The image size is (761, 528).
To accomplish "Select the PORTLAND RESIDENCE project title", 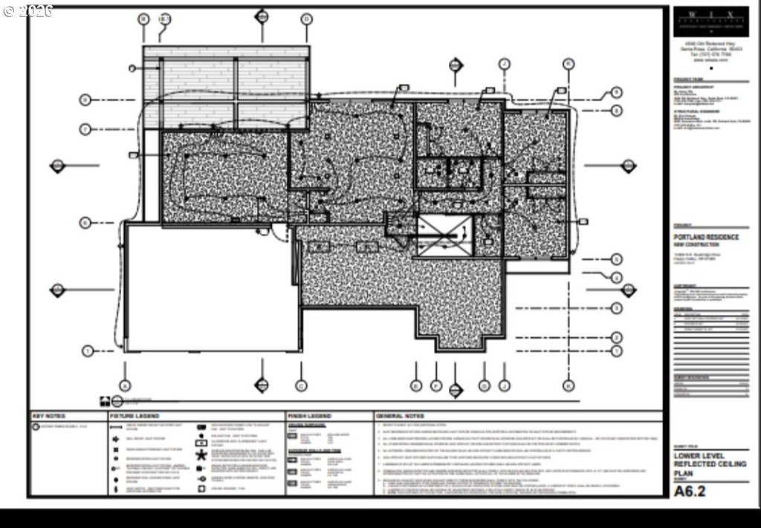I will pyautogui.click(x=706, y=237).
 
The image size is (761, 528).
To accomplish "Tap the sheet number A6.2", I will pyautogui.click(x=689, y=491).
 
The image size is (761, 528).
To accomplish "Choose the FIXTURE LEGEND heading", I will pyautogui.click(x=135, y=416).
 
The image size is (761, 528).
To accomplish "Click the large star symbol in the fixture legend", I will pyautogui.click(x=201, y=455).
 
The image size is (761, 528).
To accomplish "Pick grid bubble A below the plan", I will pyautogui.click(x=125, y=385).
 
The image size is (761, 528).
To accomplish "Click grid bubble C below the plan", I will pyautogui.click(x=301, y=385).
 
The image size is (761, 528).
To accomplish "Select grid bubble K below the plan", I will pyautogui.click(x=569, y=385).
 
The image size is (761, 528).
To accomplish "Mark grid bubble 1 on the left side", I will pyautogui.click(x=88, y=351).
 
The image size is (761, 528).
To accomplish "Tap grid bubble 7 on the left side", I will pyautogui.click(x=85, y=129).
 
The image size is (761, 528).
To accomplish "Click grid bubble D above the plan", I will pyautogui.click(x=306, y=18).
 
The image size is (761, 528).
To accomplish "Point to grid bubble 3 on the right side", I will pyautogui.click(x=617, y=307).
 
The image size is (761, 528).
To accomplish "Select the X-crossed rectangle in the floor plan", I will pyautogui.click(x=444, y=235).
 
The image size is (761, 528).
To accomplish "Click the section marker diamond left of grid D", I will pyautogui.click(x=262, y=16).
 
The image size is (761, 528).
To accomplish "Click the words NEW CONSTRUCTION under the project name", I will pyautogui.click(x=696, y=244).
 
